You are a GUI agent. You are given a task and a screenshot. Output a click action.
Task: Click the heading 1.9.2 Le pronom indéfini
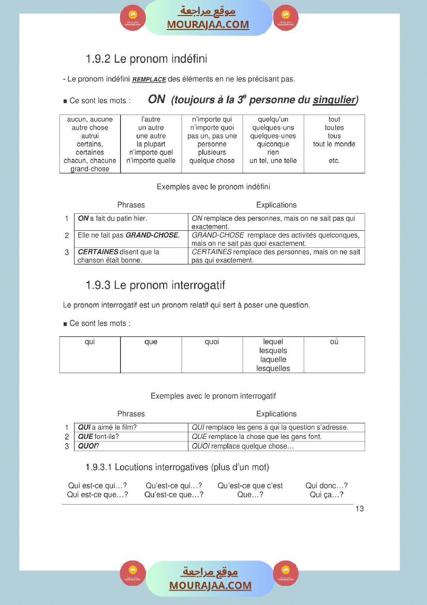(146, 59)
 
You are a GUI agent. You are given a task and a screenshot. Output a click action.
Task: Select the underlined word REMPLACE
(149, 80)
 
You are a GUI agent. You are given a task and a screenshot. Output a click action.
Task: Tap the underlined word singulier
(334, 99)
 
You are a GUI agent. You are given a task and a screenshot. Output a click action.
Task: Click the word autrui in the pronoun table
(90, 136)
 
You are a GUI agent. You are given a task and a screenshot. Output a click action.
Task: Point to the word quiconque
(273, 144)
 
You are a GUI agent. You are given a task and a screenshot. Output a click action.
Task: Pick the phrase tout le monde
(334, 144)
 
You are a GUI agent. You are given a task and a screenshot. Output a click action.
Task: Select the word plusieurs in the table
(212, 153)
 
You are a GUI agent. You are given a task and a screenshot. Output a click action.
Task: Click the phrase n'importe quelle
(151, 161)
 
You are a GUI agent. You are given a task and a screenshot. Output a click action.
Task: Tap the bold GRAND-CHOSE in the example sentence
(152, 235)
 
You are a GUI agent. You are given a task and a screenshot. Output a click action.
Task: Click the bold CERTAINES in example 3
(98, 252)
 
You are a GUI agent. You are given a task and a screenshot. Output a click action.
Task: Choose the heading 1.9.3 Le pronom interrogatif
(155, 285)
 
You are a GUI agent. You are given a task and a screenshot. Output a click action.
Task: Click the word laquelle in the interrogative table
(273, 360)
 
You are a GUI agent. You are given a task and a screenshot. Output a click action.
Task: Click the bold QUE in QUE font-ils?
(85, 437)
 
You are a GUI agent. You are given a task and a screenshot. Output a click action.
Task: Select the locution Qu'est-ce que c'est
(250, 486)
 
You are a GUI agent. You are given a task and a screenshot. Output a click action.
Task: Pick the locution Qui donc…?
(326, 486)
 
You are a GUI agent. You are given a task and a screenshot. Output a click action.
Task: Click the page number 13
(360, 509)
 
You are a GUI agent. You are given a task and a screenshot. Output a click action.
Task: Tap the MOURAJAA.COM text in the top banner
(208, 24)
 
